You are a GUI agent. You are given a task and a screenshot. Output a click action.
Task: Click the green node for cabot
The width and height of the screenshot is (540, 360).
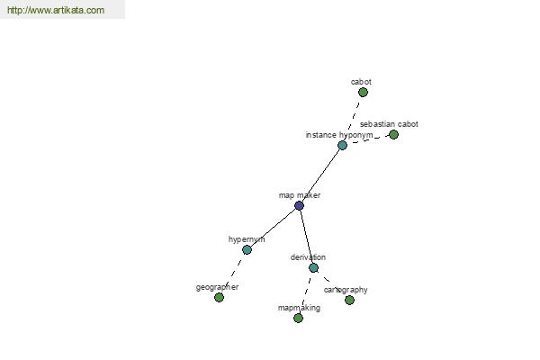click(363, 93)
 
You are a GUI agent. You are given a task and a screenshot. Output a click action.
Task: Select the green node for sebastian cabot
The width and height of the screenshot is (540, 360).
click(393, 135)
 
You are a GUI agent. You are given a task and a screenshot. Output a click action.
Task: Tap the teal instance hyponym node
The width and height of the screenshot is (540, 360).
click(342, 145)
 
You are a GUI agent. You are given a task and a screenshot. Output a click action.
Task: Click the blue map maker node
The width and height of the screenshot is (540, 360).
click(299, 206)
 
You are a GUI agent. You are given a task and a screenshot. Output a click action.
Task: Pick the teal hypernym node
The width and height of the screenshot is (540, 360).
click(247, 250)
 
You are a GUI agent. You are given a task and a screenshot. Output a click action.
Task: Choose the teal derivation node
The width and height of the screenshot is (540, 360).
click(313, 267)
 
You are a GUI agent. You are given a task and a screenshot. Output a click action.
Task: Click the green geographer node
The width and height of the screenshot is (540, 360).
click(219, 297)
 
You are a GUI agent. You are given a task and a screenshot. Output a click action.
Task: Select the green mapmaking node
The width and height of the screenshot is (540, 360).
click(298, 318)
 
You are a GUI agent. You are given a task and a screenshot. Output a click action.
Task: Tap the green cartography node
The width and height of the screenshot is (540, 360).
click(349, 300)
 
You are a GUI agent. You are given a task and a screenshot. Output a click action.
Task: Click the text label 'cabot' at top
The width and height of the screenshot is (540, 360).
click(361, 82)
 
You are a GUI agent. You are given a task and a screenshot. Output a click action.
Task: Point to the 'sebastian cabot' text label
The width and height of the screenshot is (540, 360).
click(389, 124)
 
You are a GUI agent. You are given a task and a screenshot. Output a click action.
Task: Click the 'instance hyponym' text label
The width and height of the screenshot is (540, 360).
click(339, 135)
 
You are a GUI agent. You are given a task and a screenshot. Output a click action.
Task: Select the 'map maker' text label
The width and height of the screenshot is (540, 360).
click(300, 195)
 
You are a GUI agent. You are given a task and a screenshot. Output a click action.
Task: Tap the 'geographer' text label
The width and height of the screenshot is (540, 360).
click(217, 287)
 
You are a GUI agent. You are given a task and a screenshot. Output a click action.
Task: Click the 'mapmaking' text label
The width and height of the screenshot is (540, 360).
click(299, 308)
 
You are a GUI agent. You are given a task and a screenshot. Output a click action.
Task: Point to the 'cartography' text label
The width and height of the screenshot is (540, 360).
click(346, 290)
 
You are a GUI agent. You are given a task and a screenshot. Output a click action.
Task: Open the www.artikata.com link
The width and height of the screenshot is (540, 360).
click(56, 10)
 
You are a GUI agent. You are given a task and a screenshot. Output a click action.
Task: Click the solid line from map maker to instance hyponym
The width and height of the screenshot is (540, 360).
click(320, 175)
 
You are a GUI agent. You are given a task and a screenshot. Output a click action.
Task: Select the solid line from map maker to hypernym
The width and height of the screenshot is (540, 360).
click(273, 228)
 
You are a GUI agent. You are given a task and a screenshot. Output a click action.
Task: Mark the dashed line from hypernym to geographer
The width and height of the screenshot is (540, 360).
click(233, 274)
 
